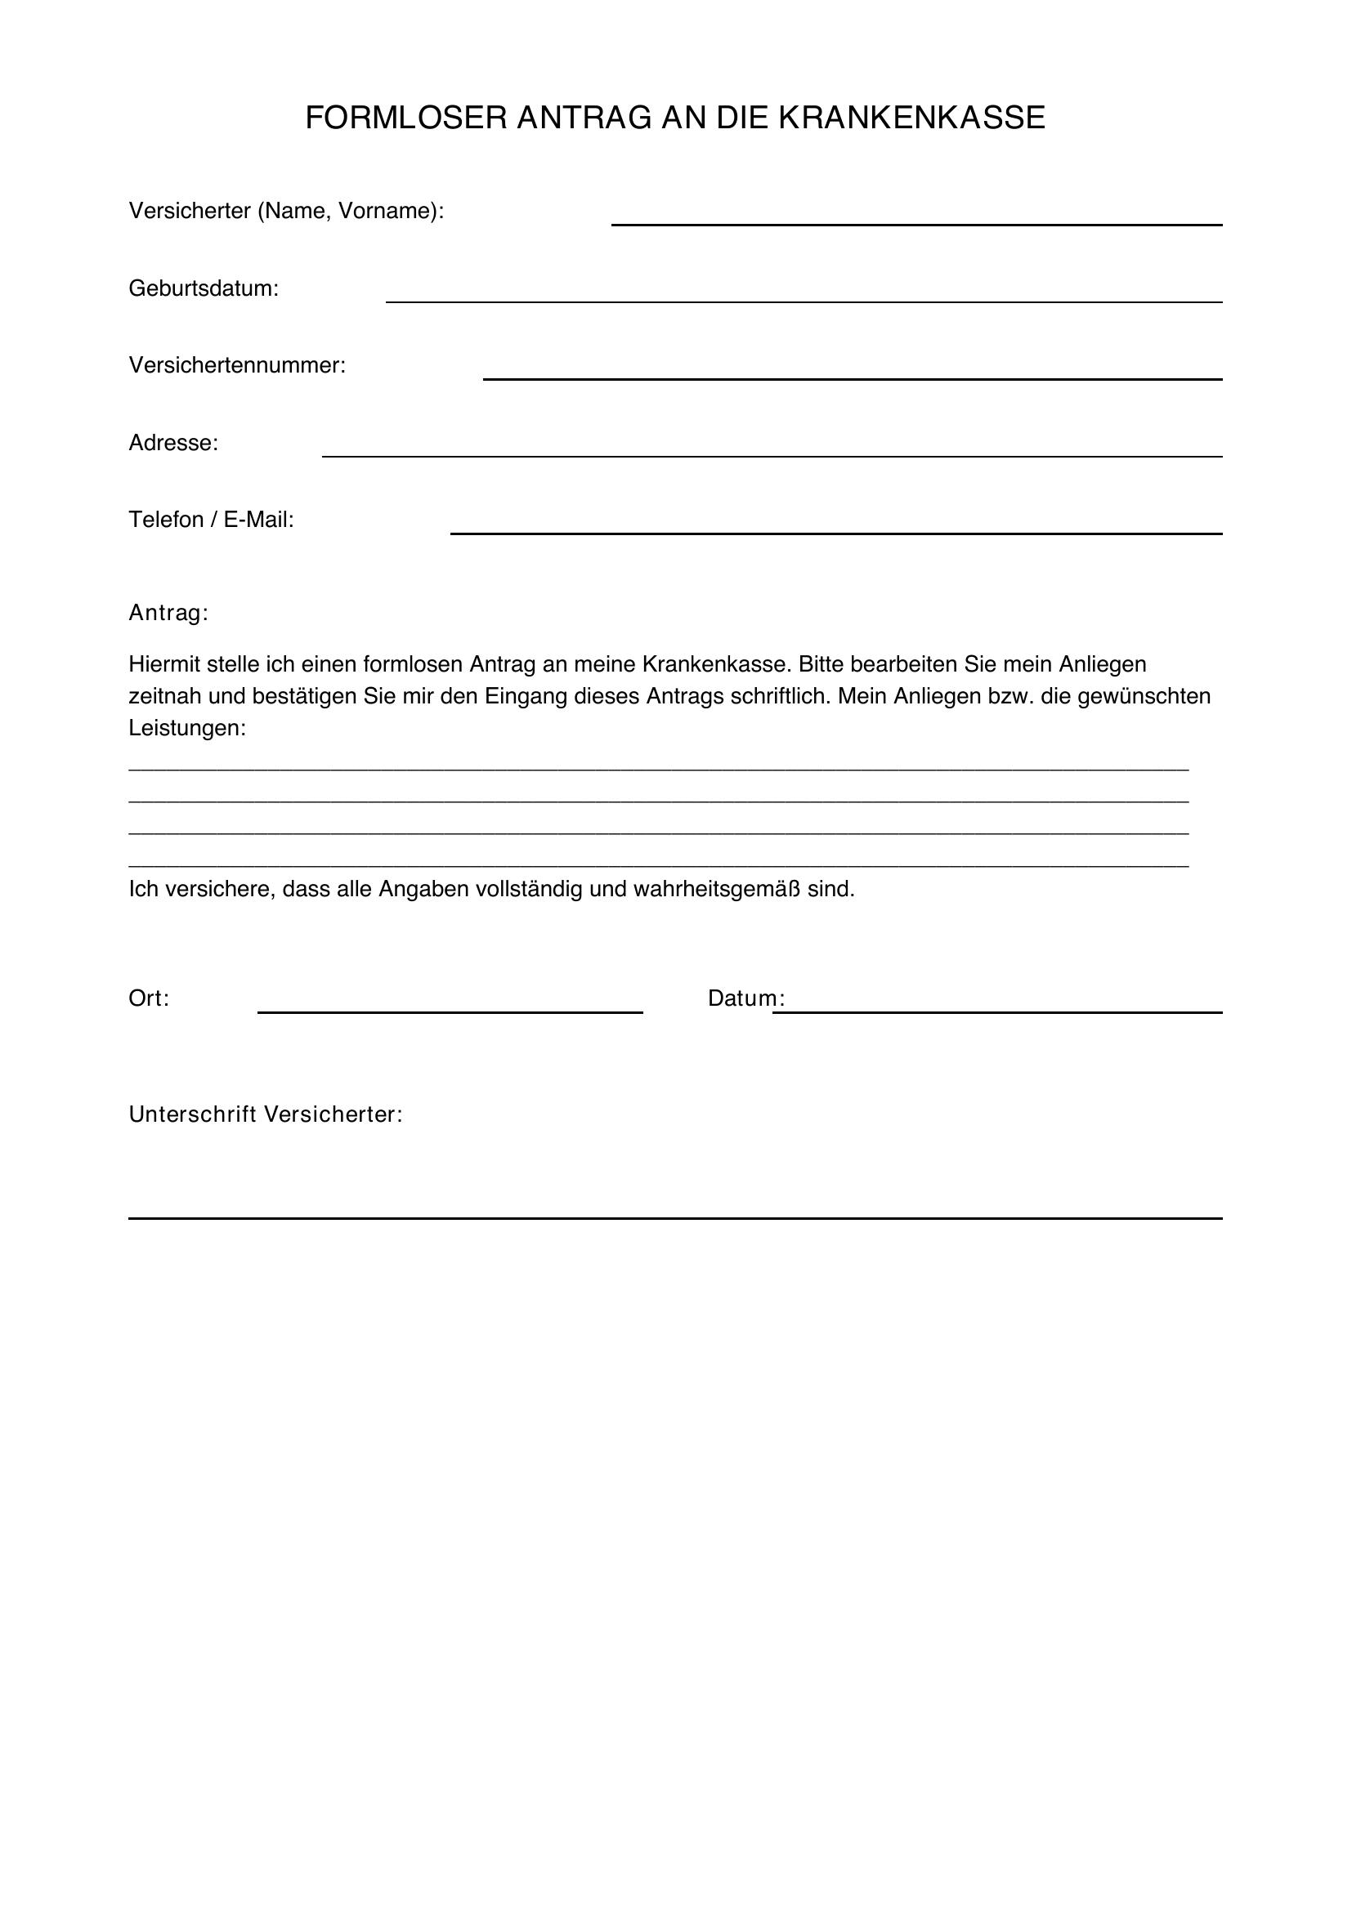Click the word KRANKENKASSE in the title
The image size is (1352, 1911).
coord(911,118)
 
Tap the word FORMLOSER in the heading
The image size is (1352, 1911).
coord(406,118)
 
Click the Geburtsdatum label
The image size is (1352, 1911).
coord(204,288)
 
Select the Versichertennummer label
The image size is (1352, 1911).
coord(236,365)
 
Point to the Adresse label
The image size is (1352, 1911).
coord(173,443)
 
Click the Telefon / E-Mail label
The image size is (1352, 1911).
coord(212,520)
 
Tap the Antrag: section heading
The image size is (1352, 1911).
coord(168,614)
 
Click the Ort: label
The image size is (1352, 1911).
coord(149,998)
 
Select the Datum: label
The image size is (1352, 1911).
coord(746,998)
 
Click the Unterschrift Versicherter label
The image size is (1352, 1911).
coord(266,1114)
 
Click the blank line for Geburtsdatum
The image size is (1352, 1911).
coord(804,300)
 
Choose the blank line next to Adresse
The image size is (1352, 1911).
coord(772,454)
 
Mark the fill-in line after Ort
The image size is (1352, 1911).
coord(450,1011)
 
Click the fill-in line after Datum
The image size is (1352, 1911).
coord(997,1011)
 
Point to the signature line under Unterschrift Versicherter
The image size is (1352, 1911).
coord(674,1217)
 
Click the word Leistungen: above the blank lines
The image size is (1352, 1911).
coord(187,728)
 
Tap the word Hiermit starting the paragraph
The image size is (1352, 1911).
coord(166,664)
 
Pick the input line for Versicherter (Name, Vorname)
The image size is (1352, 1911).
coord(916,222)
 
